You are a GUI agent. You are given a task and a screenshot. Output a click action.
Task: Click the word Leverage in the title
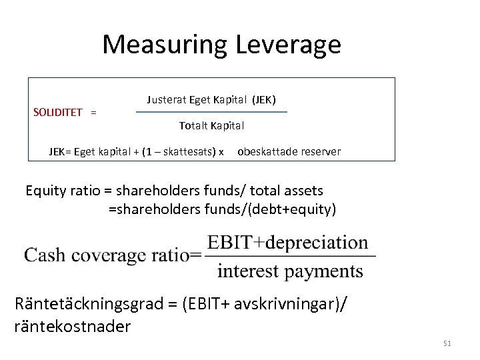point(288,45)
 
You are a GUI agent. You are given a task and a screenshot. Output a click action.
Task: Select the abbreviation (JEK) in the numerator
point(263,100)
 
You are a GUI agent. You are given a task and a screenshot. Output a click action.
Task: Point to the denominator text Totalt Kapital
point(211,125)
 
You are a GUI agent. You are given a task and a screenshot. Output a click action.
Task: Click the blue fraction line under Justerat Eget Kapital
point(211,112)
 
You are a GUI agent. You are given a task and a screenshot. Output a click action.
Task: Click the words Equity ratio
point(62,191)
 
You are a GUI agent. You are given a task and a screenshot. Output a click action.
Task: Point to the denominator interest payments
point(290,271)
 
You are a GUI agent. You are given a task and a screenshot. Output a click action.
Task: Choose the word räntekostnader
point(73,326)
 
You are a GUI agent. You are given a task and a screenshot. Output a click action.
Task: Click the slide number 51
point(447,343)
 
